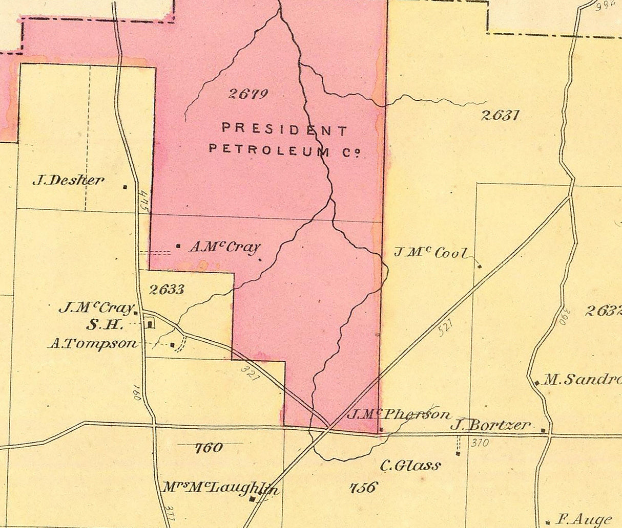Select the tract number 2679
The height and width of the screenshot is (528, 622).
(x=248, y=94)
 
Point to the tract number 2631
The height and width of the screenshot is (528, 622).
(x=500, y=115)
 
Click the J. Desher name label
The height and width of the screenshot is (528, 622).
(x=68, y=180)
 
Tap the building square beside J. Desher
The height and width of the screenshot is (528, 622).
(x=125, y=187)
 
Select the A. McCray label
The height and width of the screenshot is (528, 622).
(x=224, y=247)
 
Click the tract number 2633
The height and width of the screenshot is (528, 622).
(x=167, y=290)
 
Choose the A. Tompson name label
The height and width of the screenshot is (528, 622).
(x=93, y=344)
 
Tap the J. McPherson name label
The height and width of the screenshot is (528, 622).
(x=399, y=414)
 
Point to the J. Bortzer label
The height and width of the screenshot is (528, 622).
(x=490, y=425)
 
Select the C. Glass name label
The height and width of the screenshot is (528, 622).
(x=410, y=466)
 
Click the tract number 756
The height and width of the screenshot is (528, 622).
(x=363, y=487)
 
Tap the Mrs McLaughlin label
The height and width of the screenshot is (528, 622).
(x=220, y=488)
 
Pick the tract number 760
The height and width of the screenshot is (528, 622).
(x=209, y=448)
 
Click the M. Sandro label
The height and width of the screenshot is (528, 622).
(x=582, y=380)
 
